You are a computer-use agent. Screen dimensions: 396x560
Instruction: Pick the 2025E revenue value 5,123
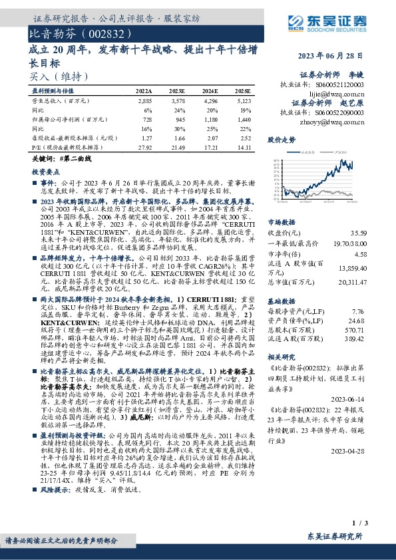click(242, 98)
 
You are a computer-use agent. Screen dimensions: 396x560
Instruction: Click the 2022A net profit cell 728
click(146, 117)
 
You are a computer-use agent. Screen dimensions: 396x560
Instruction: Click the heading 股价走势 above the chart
click(281, 140)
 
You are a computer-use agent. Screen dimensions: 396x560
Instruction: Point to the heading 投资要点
click(47, 171)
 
